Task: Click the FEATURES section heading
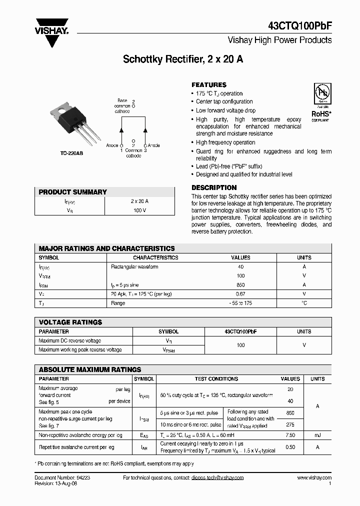pos(209,85)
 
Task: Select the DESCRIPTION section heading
pos(214,188)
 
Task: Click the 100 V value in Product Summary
pos(139,210)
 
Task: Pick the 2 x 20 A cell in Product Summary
pos(139,201)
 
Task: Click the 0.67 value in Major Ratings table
pos(240,294)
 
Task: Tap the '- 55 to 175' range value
pos(240,303)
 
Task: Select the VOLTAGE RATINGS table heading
pos(70,322)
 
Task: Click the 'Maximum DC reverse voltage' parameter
pos(69,340)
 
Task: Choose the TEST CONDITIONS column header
pos(216,379)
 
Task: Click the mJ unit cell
pos(317,435)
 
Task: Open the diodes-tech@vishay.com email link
pos(217,478)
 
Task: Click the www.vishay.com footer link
pos(314,478)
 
